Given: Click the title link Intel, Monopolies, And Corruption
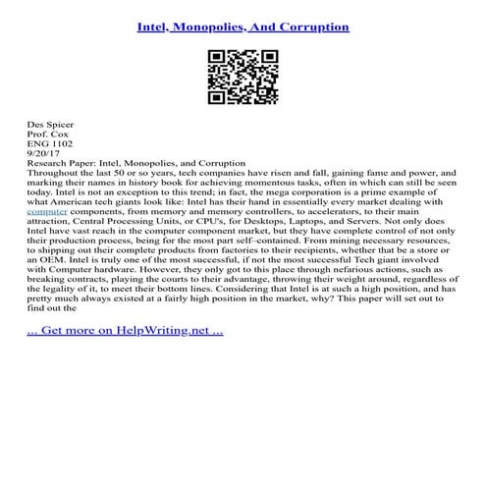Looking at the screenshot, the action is tap(243, 27).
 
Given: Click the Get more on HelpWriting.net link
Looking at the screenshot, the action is tap(127, 331).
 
